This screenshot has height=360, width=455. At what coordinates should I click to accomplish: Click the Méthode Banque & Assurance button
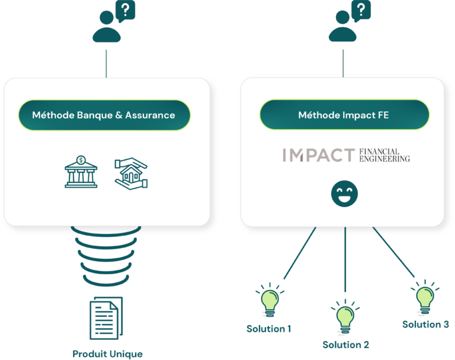pyautogui.click(x=104, y=115)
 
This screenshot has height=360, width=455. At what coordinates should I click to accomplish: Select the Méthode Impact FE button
pyautogui.click(x=344, y=115)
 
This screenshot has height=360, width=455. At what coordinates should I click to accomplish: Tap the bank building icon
pyautogui.click(x=81, y=172)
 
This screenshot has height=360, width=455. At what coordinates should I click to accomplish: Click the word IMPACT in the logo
pyautogui.click(x=318, y=155)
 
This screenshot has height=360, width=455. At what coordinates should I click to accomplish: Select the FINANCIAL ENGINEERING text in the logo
pyautogui.click(x=384, y=155)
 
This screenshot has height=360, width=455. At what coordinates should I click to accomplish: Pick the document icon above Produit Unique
pyautogui.click(x=106, y=318)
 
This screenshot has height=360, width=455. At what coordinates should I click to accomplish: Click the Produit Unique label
pyautogui.click(x=107, y=354)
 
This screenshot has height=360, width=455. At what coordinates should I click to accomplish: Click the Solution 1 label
pyautogui.click(x=269, y=329)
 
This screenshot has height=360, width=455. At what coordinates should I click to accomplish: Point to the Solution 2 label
pyautogui.click(x=346, y=345)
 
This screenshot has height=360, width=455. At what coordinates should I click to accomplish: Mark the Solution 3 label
pyautogui.click(x=425, y=324)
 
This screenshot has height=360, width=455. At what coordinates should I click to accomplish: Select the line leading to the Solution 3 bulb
pyautogui.click(x=394, y=252)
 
